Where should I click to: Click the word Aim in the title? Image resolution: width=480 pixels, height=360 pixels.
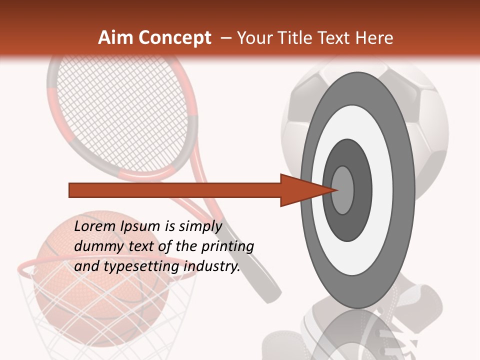pos(115,38)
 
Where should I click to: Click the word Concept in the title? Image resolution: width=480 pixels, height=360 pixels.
pos(174,38)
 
